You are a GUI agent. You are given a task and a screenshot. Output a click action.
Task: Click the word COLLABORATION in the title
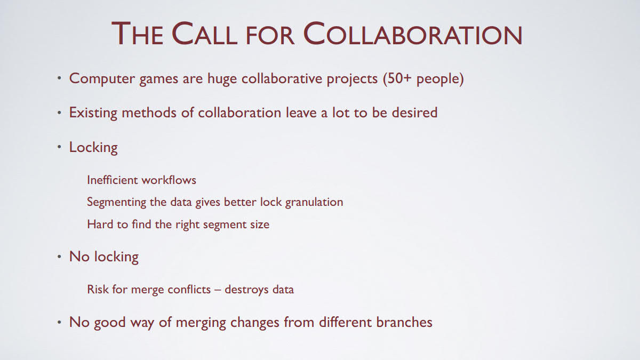tap(413, 34)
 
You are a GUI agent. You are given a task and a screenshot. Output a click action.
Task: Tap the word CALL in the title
tap(205, 34)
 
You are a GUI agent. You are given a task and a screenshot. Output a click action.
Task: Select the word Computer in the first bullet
tap(102, 79)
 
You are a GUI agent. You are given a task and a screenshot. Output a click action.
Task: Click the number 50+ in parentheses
tap(399, 78)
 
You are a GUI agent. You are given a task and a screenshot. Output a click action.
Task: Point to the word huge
tap(222, 79)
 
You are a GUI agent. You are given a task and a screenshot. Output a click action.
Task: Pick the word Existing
tap(93, 113)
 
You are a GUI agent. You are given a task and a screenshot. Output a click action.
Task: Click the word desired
tap(414, 113)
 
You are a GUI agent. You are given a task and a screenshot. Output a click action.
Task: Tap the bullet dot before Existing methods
tap(59, 113)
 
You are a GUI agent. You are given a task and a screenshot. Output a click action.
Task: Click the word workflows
tap(169, 180)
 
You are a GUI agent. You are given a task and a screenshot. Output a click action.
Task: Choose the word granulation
tap(314, 202)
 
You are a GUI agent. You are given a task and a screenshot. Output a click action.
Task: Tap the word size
tap(260, 225)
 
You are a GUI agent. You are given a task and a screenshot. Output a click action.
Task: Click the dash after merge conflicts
tap(218, 290)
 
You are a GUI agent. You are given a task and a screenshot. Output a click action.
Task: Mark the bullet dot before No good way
tap(59, 323)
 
